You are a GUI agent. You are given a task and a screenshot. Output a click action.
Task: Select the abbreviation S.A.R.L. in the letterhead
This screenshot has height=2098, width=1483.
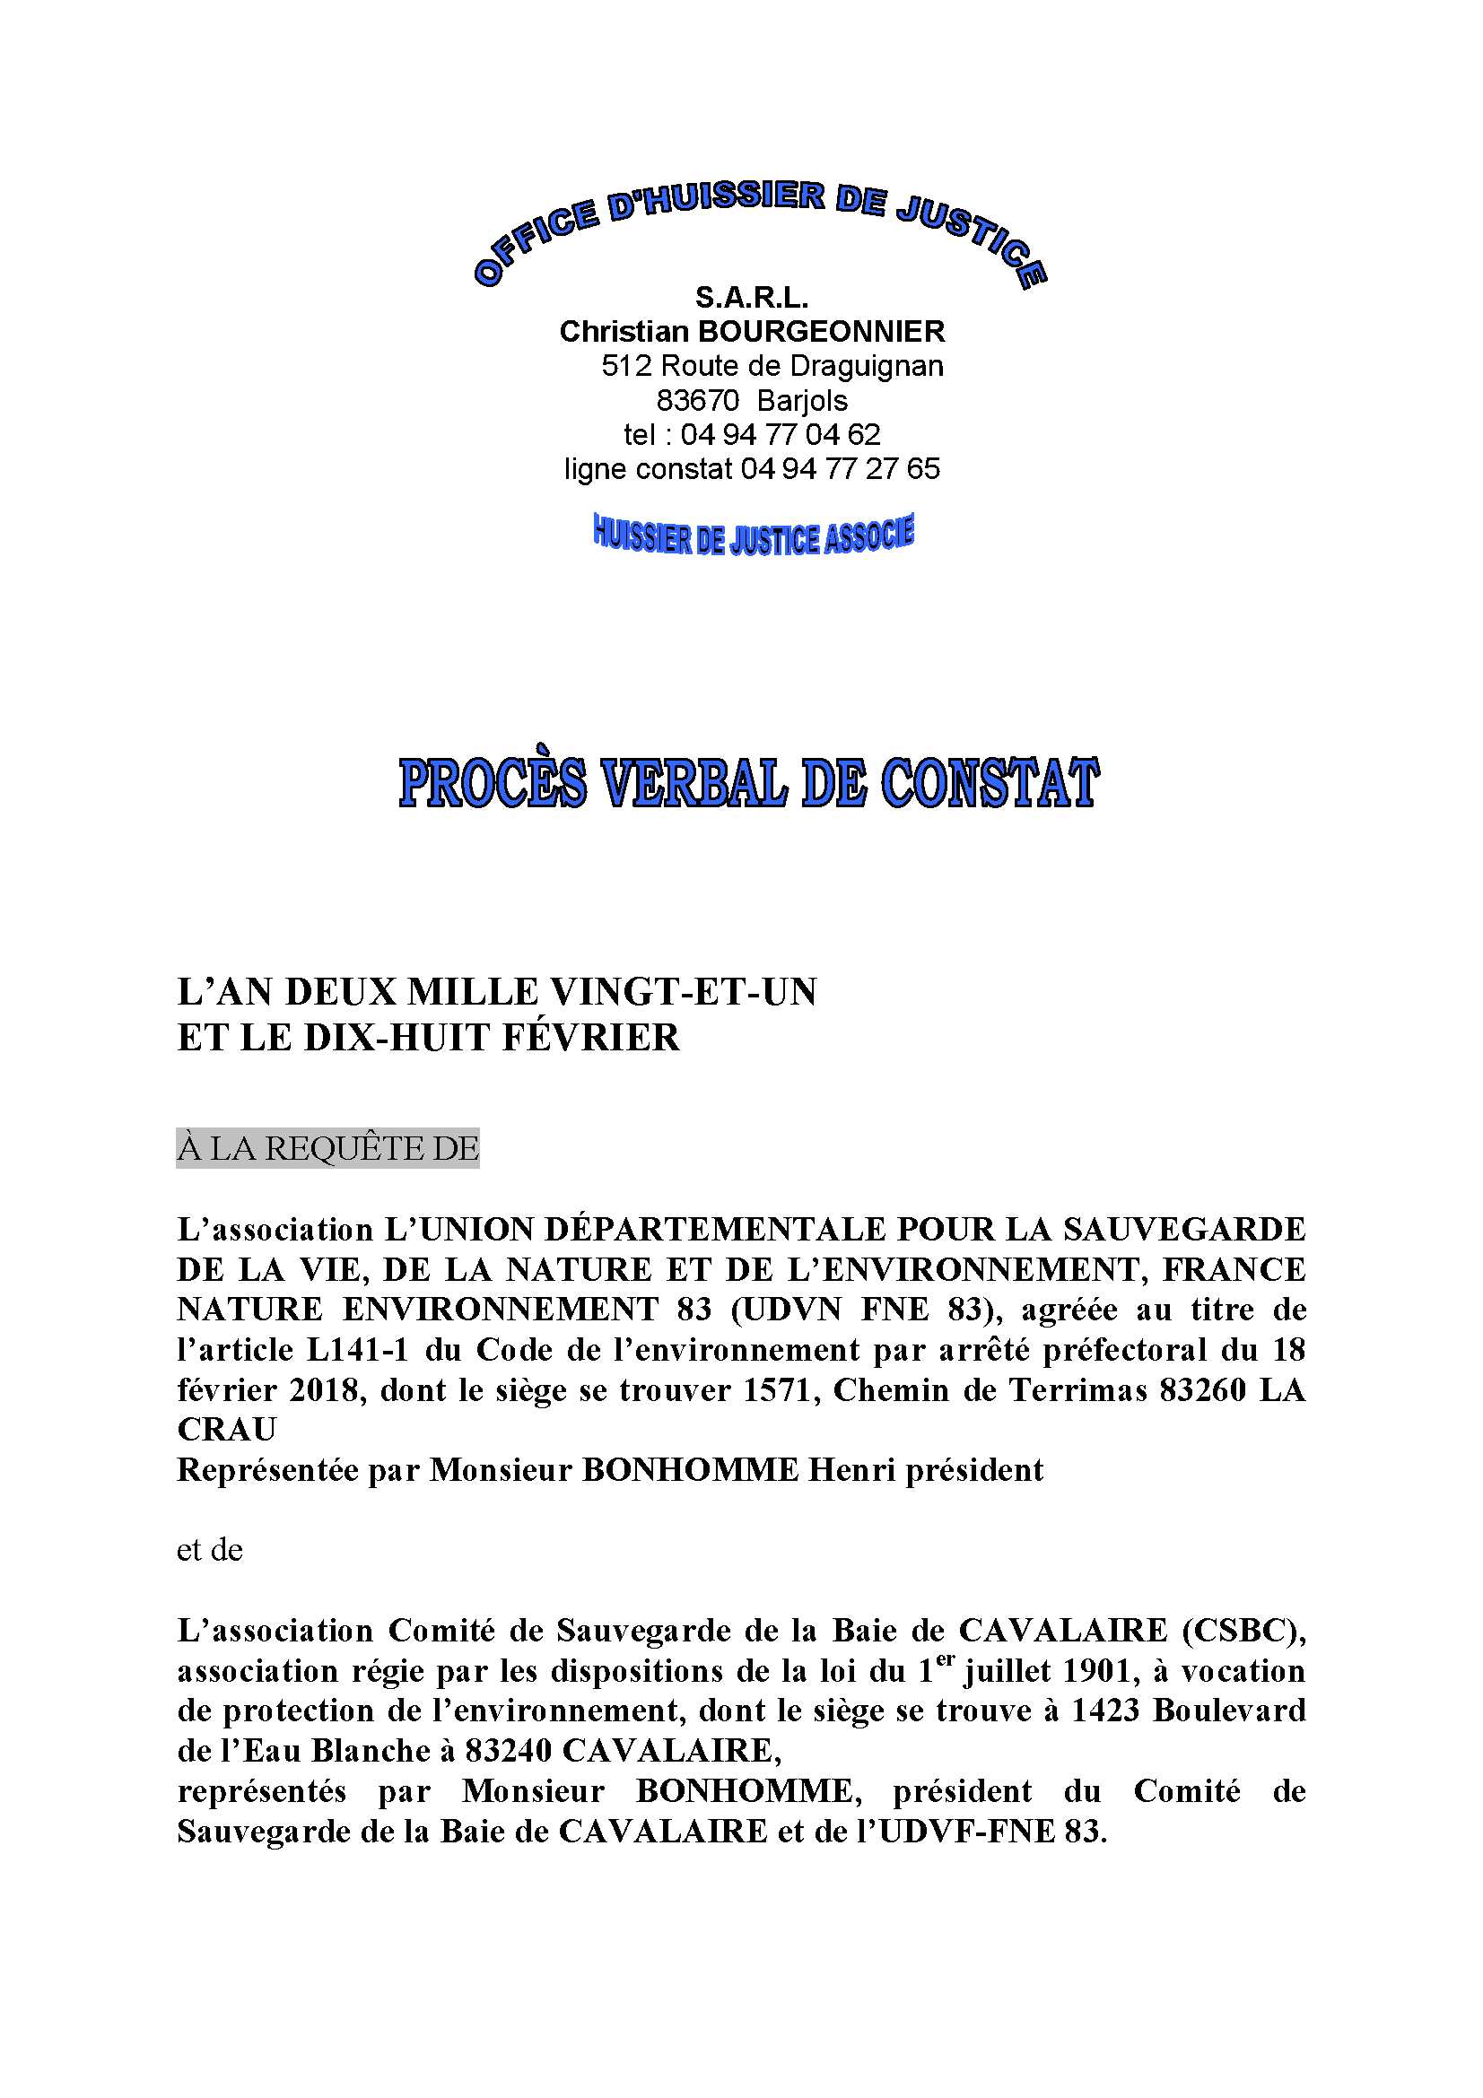[x=751, y=297]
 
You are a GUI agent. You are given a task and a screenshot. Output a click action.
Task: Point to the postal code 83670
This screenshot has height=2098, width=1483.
[x=697, y=400]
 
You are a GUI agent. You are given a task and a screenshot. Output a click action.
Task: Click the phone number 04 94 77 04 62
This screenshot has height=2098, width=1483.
[x=780, y=434]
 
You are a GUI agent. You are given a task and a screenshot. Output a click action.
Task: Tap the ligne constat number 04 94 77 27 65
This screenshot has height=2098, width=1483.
[x=840, y=469]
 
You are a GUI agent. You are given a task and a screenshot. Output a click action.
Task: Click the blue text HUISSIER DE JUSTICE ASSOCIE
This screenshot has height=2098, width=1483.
[x=754, y=535]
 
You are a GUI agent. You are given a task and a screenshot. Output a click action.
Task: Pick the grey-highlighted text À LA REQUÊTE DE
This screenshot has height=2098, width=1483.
[x=327, y=1149]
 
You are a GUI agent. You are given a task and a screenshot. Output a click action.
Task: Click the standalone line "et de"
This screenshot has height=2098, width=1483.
[x=209, y=1551]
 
